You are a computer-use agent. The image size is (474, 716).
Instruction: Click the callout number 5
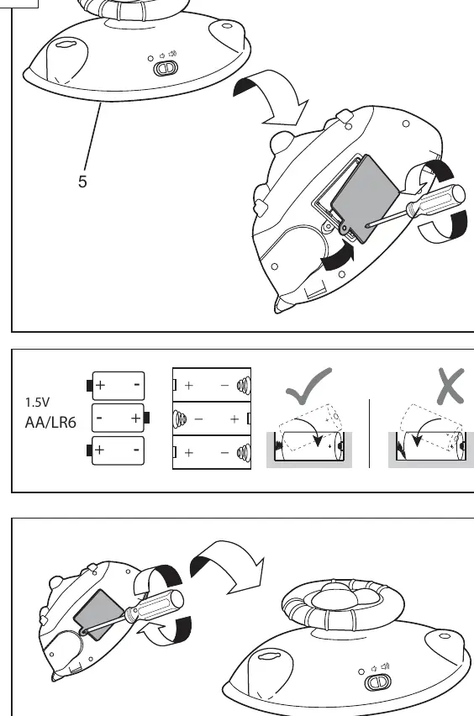[x=82, y=182]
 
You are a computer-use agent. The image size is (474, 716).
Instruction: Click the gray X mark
[x=450, y=387]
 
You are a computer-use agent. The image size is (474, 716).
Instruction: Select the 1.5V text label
[x=37, y=403]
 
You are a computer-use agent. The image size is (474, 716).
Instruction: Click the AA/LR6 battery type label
[x=50, y=423]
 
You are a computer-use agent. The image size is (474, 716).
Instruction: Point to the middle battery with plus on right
[x=120, y=418]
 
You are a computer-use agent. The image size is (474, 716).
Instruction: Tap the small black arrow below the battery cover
[x=339, y=259]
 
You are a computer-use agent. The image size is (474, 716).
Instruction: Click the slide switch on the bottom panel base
[x=377, y=682]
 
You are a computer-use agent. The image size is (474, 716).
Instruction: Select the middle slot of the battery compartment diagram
[x=212, y=419]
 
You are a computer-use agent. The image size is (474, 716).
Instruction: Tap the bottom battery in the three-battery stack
[x=115, y=450]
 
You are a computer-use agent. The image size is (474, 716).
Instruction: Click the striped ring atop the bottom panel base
[x=343, y=603]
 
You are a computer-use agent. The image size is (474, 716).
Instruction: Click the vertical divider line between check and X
[x=369, y=434]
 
